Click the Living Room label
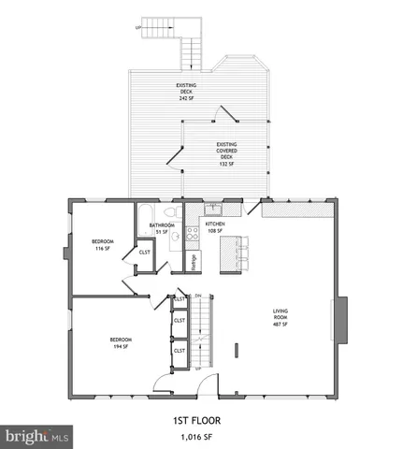(281, 318)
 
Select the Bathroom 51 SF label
(161, 227)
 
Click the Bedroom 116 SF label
(103, 246)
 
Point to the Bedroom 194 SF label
(122, 342)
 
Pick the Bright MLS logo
(37, 436)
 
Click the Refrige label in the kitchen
(194, 262)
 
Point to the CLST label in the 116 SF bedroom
(145, 252)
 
